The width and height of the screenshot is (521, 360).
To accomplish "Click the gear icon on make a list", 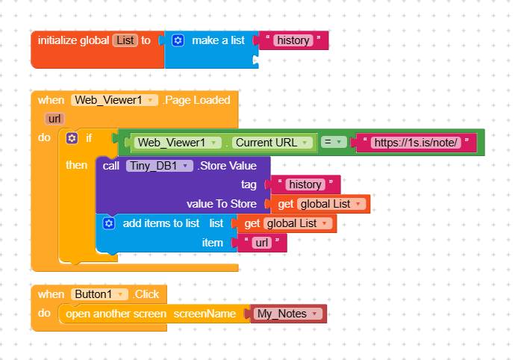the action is point(178,40).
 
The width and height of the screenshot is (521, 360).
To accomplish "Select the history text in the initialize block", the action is point(293,40).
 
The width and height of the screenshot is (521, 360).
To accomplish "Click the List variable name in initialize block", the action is point(125,40).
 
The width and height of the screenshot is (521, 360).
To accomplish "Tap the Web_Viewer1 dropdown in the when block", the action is point(114,100).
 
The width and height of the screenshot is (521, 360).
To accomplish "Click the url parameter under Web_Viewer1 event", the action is point(54,119).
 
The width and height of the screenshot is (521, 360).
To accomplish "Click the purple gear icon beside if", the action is point(72,138).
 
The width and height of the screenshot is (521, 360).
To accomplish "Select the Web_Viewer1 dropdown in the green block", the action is point(178,143).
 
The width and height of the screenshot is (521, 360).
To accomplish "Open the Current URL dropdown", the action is point(272,143).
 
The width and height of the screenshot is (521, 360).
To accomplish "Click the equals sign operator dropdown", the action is point(334,142).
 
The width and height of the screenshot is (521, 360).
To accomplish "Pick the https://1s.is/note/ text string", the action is point(416,143).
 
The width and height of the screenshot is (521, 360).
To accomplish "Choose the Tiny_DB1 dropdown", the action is point(160,166).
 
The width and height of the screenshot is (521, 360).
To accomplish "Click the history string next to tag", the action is point(305,184).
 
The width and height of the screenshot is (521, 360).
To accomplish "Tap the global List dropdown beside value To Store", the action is point(331,204).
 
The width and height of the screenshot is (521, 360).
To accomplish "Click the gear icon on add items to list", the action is point(109,223).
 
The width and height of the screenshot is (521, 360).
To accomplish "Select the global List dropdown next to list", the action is point(298,223).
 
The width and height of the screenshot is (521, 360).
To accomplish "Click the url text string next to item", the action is point(262,243).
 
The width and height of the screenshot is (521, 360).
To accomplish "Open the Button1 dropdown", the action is point(99,294).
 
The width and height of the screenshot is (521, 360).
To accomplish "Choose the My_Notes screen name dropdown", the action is point(288,314).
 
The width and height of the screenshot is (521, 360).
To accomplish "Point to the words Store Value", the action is point(228,166).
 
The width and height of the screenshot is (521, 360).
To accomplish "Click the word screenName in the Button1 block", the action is point(205,314).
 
